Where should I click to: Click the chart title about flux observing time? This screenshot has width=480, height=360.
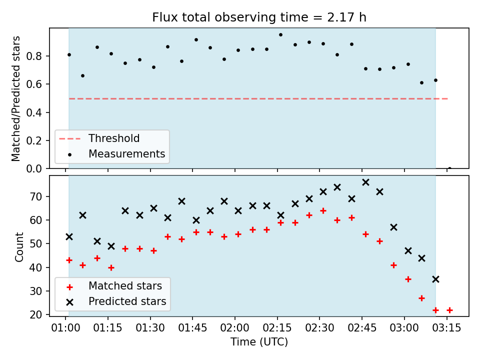[259, 17]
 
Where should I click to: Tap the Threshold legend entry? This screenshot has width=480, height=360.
[99, 138]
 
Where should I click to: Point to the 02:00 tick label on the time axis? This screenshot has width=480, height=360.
[235, 328]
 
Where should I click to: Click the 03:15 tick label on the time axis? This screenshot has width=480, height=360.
[446, 328]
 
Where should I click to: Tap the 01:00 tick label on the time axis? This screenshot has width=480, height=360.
[65, 328]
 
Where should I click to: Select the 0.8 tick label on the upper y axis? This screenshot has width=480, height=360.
[34, 56]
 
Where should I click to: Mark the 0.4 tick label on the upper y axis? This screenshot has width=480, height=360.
[34, 112]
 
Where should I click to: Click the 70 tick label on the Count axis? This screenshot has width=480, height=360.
[35, 196]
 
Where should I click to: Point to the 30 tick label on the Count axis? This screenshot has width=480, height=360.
[35, 291]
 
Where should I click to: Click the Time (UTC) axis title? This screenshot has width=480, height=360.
[259, 342]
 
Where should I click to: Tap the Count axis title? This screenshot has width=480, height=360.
[19, 247]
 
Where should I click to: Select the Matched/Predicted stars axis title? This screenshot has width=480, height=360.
[15, 98]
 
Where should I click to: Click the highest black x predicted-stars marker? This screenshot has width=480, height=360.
[365, 182]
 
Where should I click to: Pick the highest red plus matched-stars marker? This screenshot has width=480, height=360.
[323, 211]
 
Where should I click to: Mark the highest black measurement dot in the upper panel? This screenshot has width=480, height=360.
[280, 35]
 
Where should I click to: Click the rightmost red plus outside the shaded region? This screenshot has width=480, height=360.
[449, 310]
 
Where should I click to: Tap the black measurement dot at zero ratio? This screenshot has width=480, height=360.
[449, 168]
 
